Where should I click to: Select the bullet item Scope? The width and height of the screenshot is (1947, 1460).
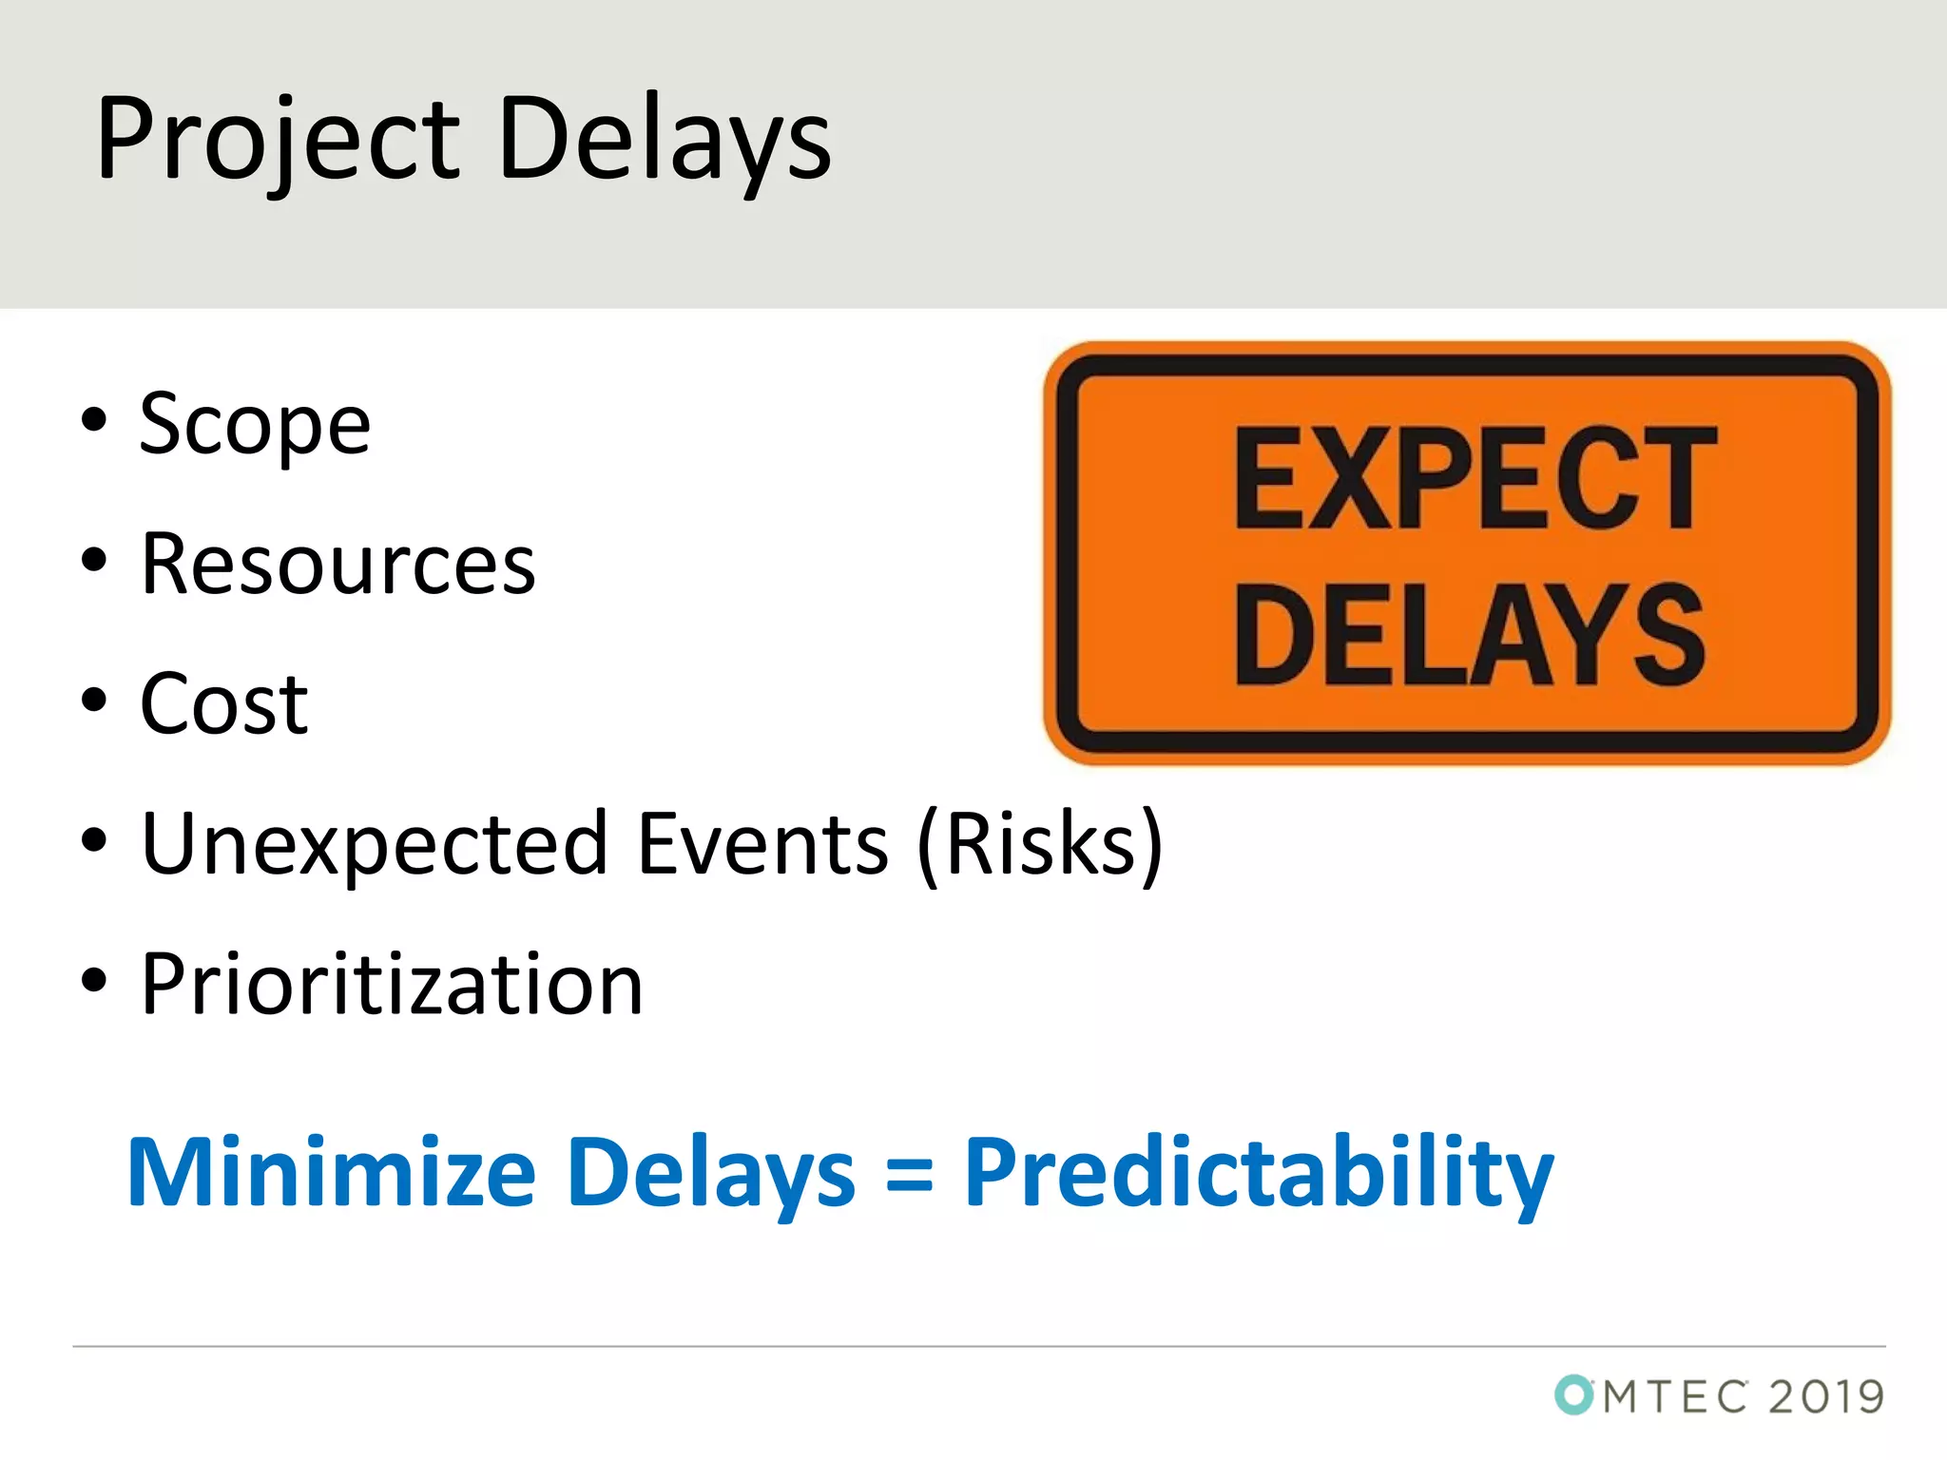255,425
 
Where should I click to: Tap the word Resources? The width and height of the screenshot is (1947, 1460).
337,565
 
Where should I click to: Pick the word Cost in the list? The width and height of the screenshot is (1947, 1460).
224,704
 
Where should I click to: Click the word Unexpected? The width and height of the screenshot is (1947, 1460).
374,844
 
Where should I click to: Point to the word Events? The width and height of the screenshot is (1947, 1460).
762,844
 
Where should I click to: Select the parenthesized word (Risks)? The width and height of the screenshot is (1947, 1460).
1040,844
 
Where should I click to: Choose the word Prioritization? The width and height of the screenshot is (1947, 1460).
392,985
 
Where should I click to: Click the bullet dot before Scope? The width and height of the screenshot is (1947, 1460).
93,419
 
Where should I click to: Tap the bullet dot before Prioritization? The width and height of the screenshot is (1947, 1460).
93,980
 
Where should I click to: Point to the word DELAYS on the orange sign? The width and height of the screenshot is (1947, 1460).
1469,635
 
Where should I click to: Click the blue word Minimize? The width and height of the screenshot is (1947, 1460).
332,1172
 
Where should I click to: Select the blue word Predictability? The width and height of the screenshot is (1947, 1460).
1259,1172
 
